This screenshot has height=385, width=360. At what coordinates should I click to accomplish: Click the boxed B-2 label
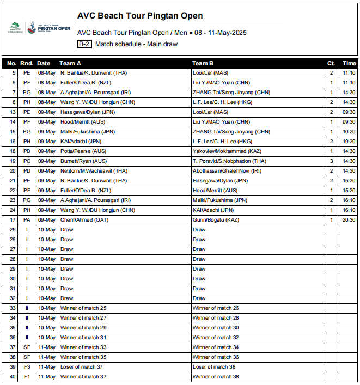[x=84, y=44]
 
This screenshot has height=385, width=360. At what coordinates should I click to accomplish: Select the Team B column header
[x=203, y=63]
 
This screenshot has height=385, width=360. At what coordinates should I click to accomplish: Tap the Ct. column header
[x=331, y=63]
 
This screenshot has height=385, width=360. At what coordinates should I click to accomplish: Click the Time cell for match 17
[x=349, y=219]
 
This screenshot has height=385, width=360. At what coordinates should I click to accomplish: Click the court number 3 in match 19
[x=331, y=161]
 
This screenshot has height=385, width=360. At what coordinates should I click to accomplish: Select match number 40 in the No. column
[x=13, y=376]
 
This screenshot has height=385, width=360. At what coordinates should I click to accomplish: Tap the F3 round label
[x=27, y=366]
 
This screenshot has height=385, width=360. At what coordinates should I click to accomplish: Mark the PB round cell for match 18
[x=27, y=151]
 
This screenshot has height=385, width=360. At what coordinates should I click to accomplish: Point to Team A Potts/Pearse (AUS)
[x=83, y=151]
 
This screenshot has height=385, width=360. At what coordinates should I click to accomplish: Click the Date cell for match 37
[x=47, y=347]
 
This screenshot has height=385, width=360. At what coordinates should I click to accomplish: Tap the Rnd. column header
[x=27, y=63]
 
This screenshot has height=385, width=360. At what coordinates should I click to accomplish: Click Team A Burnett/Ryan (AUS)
[x=83, y=161]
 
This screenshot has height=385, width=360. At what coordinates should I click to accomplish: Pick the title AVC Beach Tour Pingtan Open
[x=140, y=16]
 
